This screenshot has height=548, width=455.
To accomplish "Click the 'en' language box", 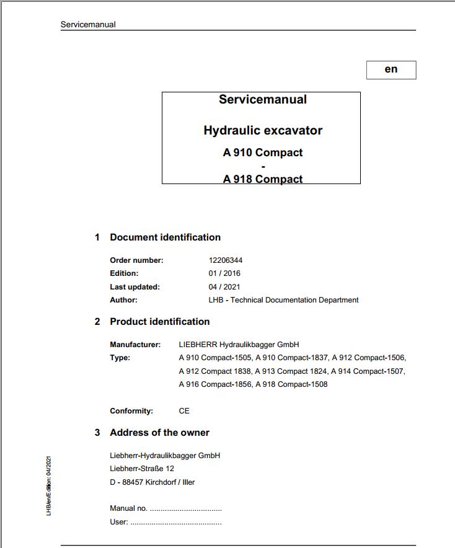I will coord(391,69).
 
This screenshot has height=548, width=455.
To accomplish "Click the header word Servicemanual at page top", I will coord(88,25).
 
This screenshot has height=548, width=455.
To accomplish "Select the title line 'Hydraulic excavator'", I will coord(263,131).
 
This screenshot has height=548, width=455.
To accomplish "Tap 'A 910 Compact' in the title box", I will coord(263,152).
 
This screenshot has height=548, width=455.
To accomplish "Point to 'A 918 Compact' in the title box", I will coord(263,179).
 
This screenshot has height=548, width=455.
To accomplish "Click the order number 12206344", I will coord(226,260).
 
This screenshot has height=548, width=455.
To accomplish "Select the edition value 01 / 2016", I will coord(224,273).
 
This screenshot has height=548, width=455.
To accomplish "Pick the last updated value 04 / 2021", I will coord(224,286).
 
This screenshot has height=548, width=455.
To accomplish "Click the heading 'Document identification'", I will coord(165,237).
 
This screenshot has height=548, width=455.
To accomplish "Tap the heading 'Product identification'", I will coord(159,322).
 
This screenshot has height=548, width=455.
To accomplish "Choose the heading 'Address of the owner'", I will coord(159,433).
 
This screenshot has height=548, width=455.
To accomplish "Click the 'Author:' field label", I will coord(123,300).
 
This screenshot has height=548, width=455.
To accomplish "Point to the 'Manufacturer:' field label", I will coord(135,345).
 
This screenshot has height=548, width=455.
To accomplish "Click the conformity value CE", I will coord(184,411).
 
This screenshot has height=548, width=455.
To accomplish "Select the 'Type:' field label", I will coord(120,358).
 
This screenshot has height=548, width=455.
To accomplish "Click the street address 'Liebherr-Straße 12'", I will coord(142,469).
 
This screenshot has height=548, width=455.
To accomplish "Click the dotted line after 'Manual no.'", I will coord(186,509).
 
